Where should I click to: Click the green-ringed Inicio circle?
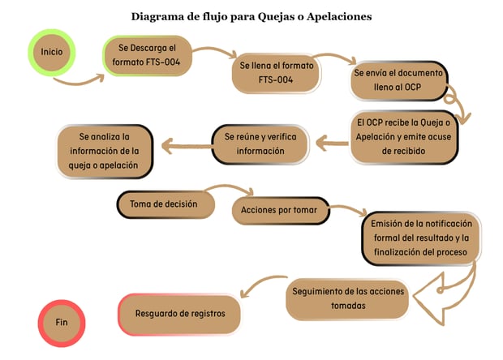click(52, 52)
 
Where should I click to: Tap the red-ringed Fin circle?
click(62, 323)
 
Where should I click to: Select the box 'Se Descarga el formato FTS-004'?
click(148, 56)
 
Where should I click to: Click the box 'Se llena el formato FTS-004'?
click(276, 73)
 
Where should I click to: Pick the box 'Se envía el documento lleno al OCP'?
click(398, 80)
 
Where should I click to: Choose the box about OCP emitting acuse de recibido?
click(403, 137)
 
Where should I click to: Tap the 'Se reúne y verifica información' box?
click(260, 144)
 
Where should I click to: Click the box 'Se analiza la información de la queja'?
click(105, 152)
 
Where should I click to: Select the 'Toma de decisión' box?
click(166, 204)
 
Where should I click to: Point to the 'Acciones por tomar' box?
click(281, 210)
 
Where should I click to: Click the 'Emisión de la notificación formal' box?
click(421, 238)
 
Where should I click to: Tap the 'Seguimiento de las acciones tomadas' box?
click(348, 299)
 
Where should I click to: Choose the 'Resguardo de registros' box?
click(179, 314)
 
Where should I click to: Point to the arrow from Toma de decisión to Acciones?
click(229, 186)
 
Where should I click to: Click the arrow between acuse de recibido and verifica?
click(331, 143)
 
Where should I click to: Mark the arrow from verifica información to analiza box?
click(187, 147)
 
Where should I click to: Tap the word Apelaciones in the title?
click(339, 17)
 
